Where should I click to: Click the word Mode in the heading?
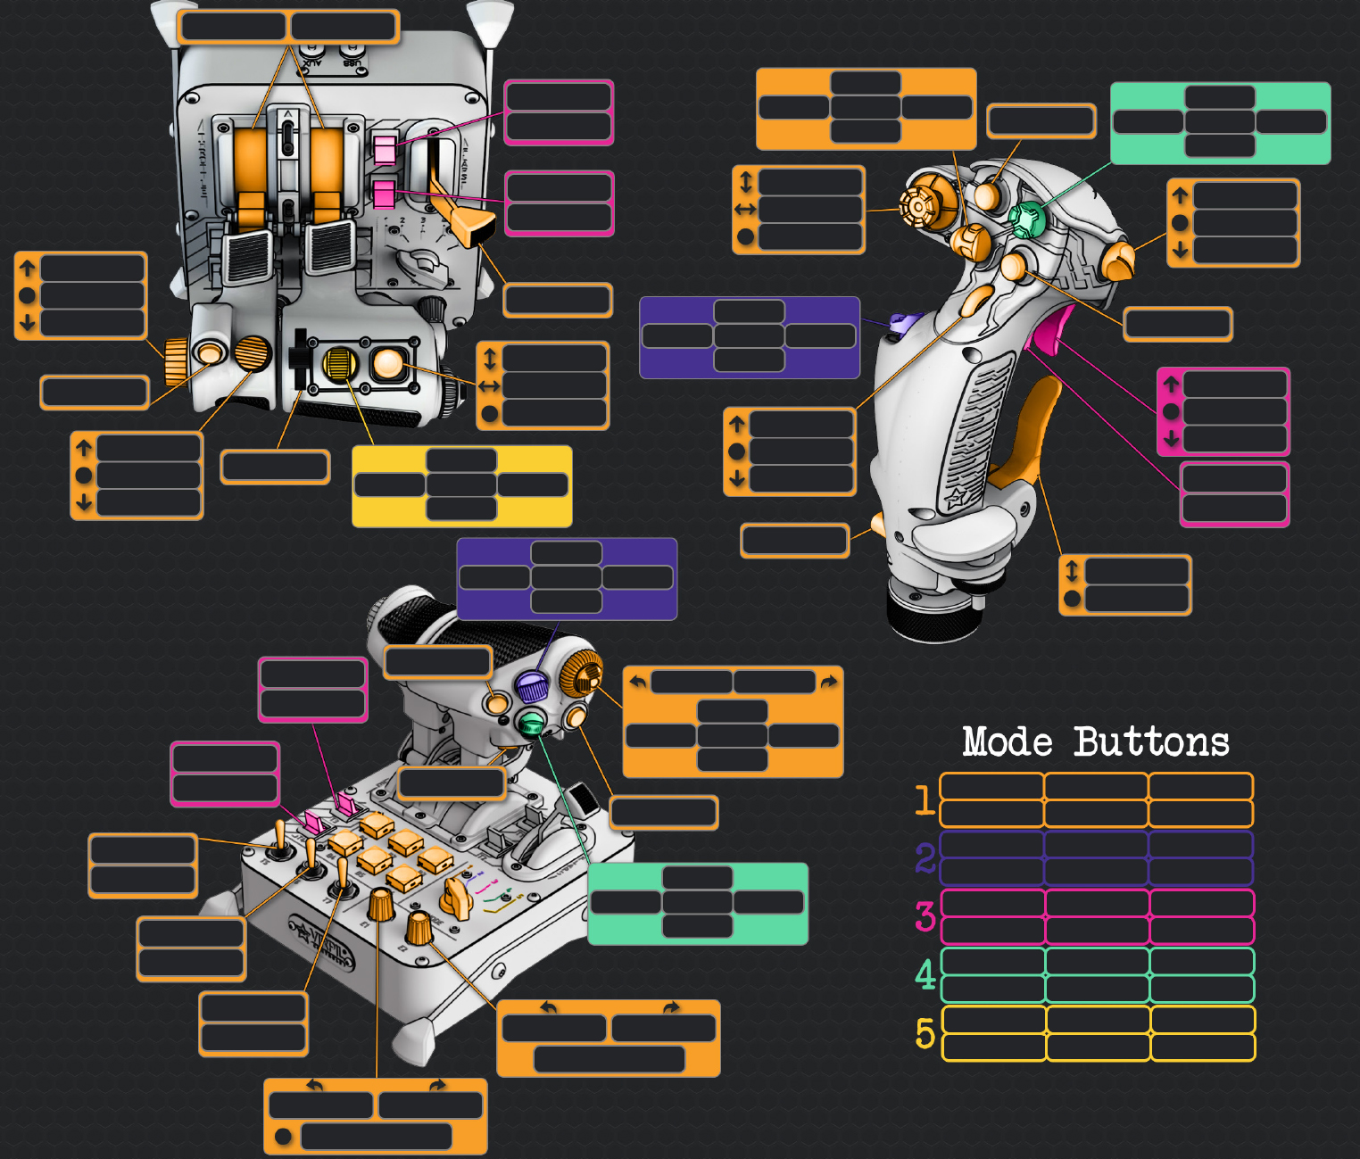coord(1007,742)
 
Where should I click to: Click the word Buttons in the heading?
coord(1151,742)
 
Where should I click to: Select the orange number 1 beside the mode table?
coord(925,800)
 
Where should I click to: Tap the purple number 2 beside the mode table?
coord(925,858)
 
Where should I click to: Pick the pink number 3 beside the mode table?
coord(925,916)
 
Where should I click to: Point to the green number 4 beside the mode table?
coord(925,974)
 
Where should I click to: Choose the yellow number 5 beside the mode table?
coord(925,1033)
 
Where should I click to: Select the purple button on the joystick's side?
coord(901,325)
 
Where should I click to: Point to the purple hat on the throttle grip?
coord(531,687)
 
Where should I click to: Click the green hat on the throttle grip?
coord(531,722)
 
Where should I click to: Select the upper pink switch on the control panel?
coord(385,148)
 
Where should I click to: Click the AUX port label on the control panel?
coord(310,62)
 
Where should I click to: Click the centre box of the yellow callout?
coord(461,484)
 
